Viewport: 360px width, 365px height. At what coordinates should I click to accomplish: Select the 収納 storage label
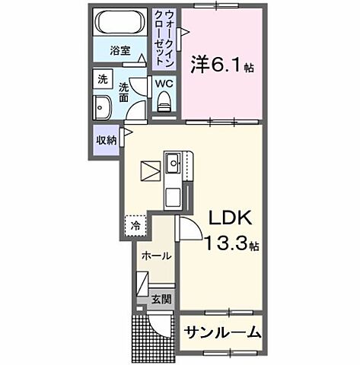[105, 140]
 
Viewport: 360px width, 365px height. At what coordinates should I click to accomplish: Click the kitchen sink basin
[174, 162]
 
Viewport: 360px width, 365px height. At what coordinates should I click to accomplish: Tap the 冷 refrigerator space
[135, 225]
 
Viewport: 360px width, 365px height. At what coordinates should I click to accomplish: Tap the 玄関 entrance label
[160, 299]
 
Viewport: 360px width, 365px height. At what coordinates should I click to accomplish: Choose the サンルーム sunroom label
[221, 332]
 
